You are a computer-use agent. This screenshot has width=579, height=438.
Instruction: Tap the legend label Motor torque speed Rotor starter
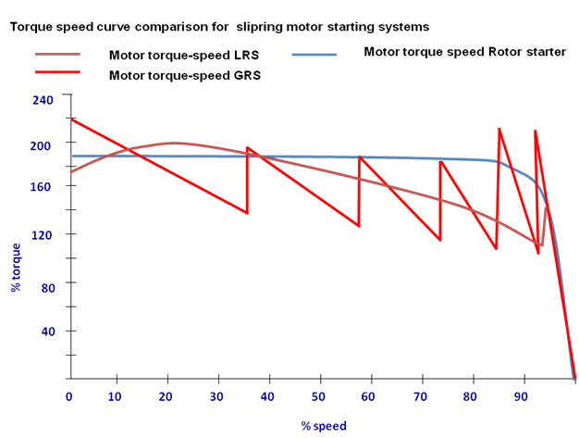(464, 52)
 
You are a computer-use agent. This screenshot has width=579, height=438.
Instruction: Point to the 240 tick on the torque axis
(43, 98)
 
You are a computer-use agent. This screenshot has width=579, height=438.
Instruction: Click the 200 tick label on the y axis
(43, 145)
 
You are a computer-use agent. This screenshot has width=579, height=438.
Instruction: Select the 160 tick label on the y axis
(43, 186)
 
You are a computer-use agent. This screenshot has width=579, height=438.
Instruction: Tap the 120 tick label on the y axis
(43, 234)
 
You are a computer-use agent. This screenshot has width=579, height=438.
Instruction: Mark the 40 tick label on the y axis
(47, 332)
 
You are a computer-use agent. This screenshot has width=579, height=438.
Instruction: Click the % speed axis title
(323, 426)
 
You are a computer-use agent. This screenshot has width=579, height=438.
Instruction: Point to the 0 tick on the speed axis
(68, 396)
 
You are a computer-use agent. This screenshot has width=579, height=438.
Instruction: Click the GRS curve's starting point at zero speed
(71, 119)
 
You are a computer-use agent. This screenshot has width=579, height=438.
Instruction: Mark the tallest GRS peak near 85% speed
(499, 129)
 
